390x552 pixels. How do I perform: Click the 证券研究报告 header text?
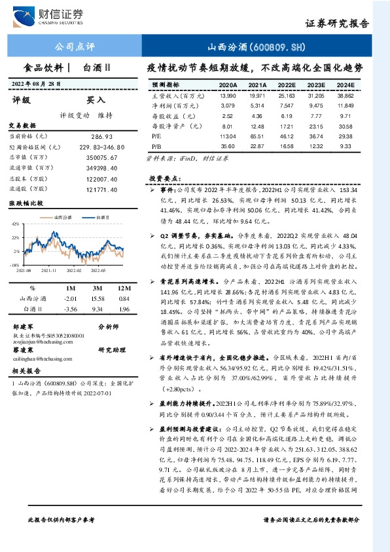coord(337,22)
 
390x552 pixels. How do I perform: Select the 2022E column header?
coord(286,85)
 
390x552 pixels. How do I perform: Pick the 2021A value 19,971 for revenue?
coord(257,95)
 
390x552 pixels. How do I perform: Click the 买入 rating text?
coord(96,100)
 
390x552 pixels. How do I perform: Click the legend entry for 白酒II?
coord(103,216)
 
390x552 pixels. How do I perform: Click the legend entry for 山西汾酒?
coord(62,216)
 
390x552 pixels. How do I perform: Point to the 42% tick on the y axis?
coord(15,224)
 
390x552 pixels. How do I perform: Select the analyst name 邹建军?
coord(23,326)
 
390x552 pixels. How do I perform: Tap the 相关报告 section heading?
coord(24,371)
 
